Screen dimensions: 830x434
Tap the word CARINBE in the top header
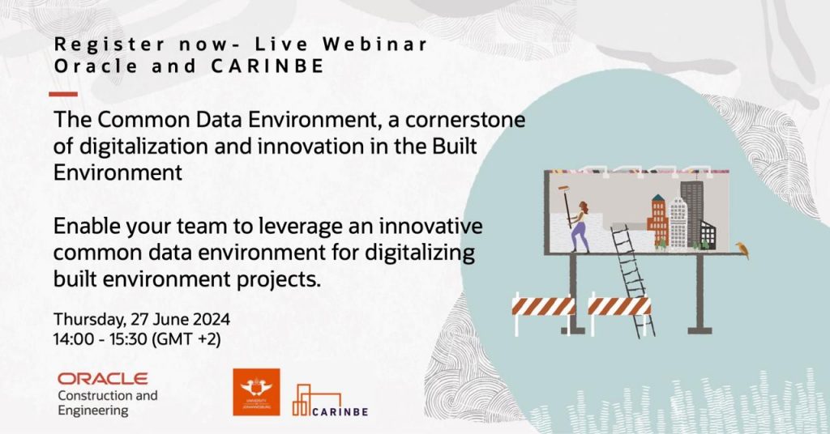[x=267, y=66]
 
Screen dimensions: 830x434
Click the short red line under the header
[x=63, y=94]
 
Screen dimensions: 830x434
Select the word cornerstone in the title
[x=465, y=120]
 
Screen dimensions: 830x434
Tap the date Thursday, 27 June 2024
[x=141, y=320]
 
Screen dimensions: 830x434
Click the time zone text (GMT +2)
[x=186, y=338]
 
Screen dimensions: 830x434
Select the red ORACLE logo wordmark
[x=103, y=378]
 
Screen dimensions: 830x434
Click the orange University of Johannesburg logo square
[x=256, y=392]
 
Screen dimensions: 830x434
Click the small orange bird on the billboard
[x=742, y=250]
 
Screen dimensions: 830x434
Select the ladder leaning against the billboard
[x=632, y=280]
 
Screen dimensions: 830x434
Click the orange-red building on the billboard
[x=658, y=221]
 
